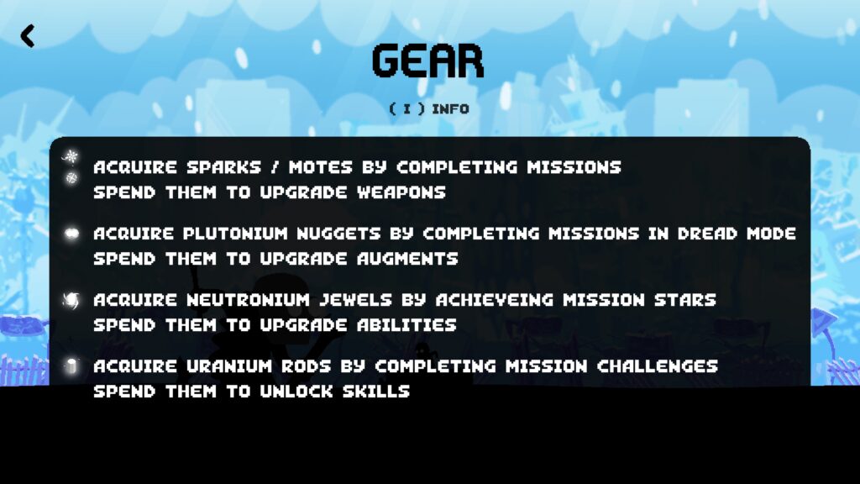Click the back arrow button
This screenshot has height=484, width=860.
tap(28, 35)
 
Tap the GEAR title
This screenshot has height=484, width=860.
tap(427, 60)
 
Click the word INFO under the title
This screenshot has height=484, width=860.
tap(450, 108)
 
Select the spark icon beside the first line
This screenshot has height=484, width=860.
tap(71, 157)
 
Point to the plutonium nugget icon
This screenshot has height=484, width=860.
tap(72, 234)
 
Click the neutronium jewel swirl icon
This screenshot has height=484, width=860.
tap(71, 300)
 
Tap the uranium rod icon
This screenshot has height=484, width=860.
tap(71, 366)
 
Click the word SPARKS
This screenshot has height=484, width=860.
tap(223, 167)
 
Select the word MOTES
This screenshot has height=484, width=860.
tap(320, 167)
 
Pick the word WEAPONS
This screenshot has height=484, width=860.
tap(401, 192)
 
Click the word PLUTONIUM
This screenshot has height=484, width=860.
tap(235, 234)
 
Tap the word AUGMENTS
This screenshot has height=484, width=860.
tap(407, 259)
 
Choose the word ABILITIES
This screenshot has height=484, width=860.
tap(406, 325)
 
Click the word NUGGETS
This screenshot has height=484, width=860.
tap(339, 234)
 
